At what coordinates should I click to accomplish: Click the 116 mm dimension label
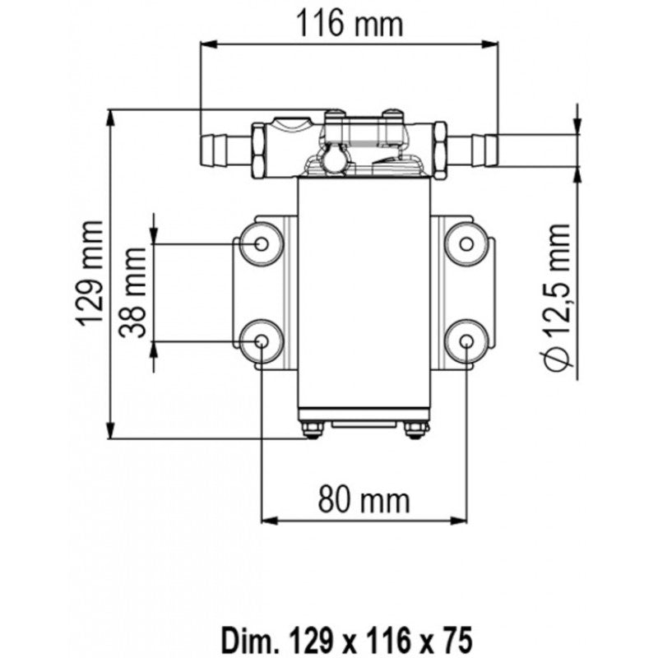350,23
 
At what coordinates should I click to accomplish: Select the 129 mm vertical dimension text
91,273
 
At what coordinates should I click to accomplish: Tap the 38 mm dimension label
133,294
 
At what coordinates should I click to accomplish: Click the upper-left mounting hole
261,243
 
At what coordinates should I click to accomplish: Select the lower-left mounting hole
261,341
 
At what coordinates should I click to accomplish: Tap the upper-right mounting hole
466,243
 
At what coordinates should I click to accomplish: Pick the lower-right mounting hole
466,341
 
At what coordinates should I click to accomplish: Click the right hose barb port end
490,150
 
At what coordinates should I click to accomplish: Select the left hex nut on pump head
259,151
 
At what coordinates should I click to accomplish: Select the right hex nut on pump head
439,151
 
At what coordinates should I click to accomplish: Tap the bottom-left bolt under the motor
312,429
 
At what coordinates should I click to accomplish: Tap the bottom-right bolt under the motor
415,429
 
